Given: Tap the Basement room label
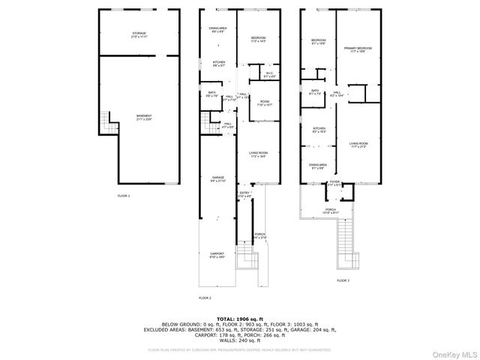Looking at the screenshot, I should (144, 118).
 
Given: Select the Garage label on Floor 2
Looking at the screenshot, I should (217, 178).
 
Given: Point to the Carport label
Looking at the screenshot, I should (217, 255).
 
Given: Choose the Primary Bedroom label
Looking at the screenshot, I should (358, 50).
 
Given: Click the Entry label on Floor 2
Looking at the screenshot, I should (244, 194).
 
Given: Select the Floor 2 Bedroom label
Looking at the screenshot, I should (259, 40).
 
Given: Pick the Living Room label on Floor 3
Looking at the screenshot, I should (358, 145).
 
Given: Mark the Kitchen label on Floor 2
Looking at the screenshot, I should (218, 64).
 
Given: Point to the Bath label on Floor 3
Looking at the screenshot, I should (315, 93).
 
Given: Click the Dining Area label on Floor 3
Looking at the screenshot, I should (318, 166).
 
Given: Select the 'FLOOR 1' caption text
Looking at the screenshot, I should (124, 196).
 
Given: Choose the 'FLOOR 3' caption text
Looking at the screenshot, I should (343, 280).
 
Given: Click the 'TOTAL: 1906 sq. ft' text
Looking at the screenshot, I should (240, 319).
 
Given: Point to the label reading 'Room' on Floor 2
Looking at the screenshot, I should (265, 103).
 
